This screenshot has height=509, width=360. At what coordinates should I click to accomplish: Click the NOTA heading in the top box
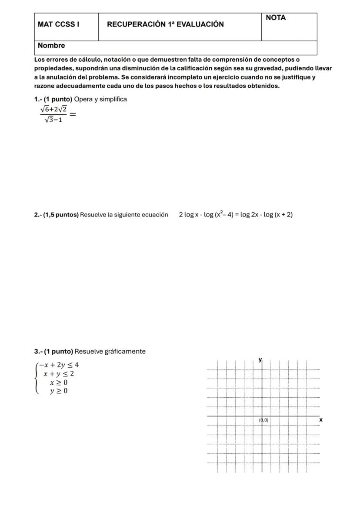(276, 18)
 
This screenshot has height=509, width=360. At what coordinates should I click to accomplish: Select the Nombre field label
(51, 46)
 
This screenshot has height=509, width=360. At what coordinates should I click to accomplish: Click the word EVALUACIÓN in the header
(201, 25)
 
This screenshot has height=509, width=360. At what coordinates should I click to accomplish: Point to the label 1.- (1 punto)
(53, 99)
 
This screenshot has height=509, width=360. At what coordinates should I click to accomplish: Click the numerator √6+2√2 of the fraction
(53, 110)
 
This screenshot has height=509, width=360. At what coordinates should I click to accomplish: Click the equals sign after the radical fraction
(73, 114)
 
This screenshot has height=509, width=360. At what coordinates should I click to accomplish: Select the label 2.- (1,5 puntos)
(57, 215)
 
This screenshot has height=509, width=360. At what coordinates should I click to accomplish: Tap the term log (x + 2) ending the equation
(278, 214)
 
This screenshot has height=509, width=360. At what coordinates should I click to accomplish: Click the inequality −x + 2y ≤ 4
(58, 365)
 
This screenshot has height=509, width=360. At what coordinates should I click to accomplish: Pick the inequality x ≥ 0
(58, 383)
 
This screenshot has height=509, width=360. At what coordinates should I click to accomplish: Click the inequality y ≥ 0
(58, 391)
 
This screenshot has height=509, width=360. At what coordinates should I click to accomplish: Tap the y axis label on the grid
(260, 359)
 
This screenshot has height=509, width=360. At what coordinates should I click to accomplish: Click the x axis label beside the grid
(321, 420)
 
